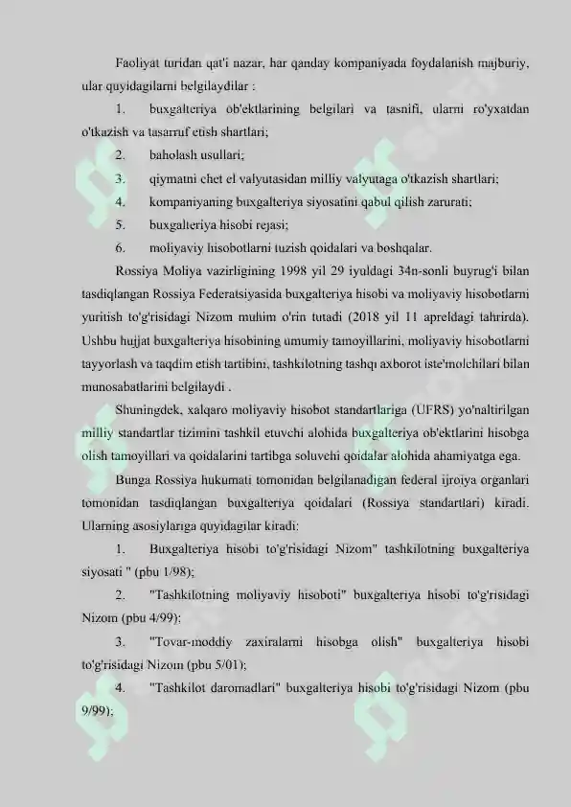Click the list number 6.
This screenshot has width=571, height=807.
pos(119,245)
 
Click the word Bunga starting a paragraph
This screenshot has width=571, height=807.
pos(133,476)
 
